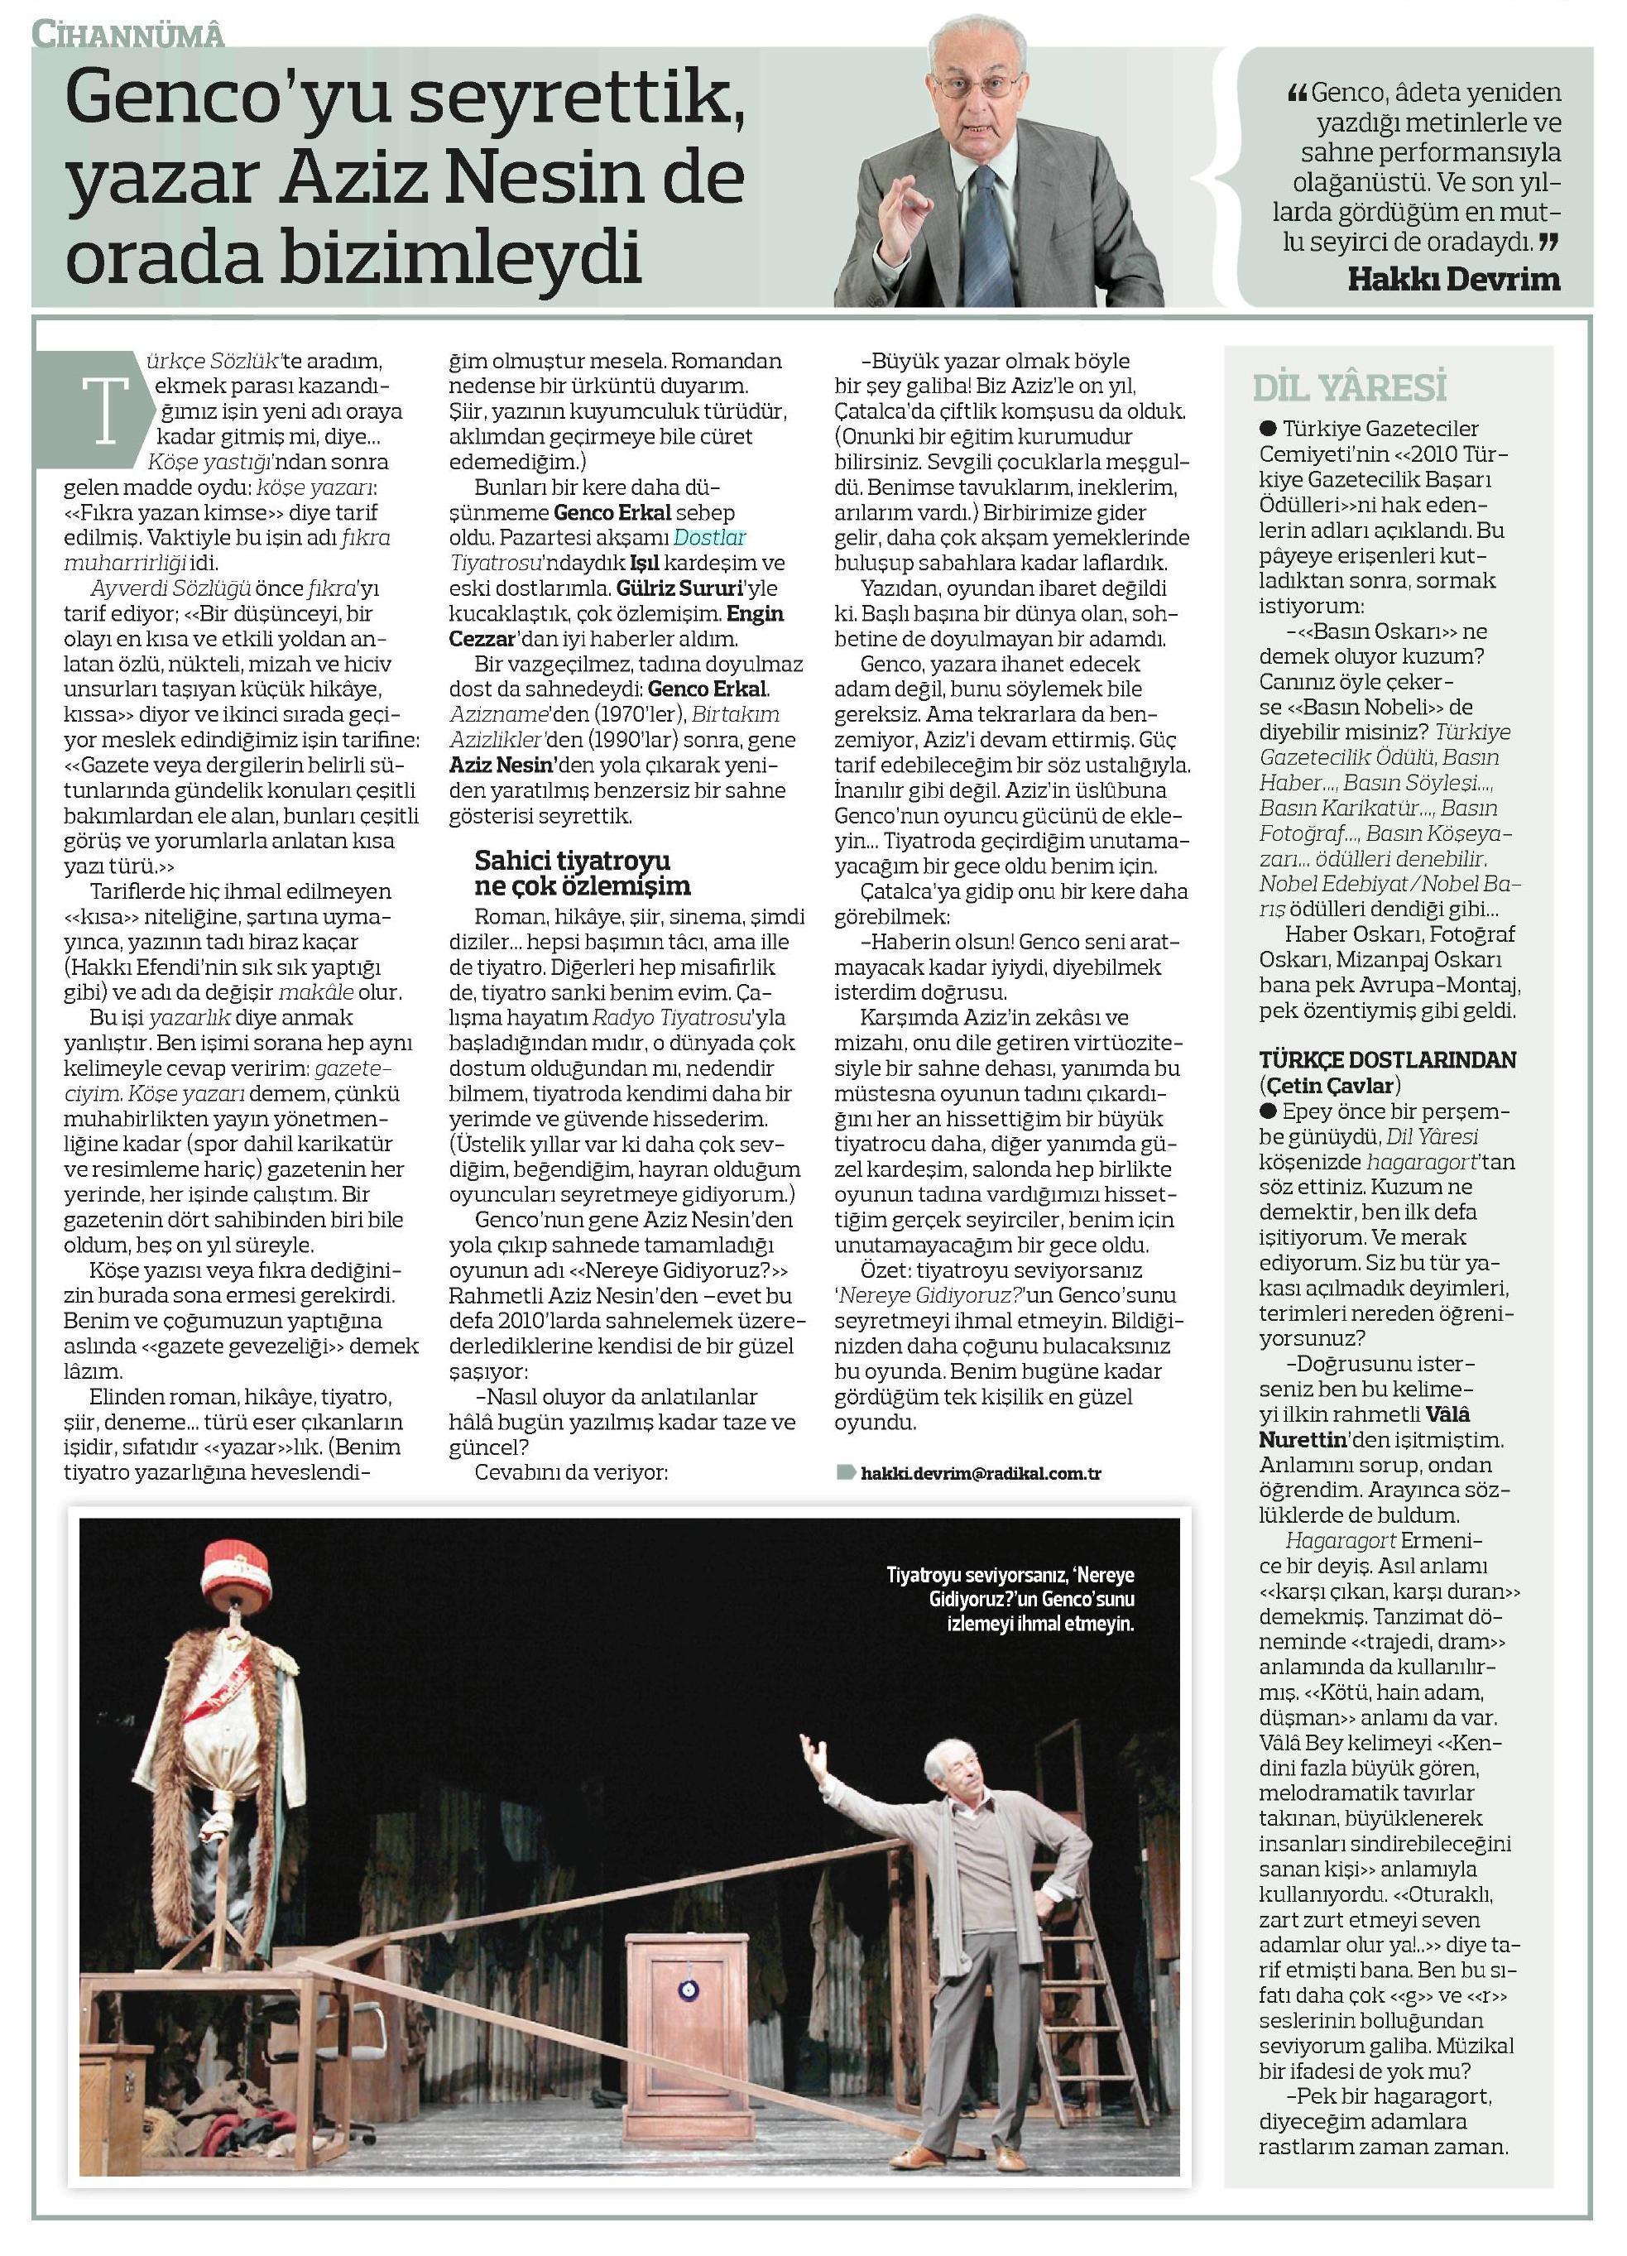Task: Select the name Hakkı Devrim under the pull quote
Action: tap(1454, 280)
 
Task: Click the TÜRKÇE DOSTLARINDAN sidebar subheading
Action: tap(1387, 1059)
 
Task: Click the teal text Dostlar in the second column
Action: tap(710, 537)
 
